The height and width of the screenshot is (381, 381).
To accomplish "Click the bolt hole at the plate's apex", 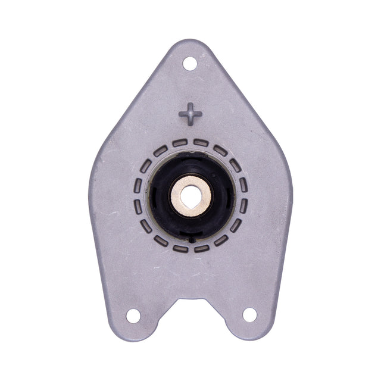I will click(190, 63).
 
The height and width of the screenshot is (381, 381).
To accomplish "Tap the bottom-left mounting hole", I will click(133, 315).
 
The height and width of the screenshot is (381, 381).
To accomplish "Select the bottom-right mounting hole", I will click(249, 314).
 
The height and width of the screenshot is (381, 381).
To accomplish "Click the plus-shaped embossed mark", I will click(190, 113).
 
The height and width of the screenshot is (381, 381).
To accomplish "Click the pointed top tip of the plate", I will click(190, 42).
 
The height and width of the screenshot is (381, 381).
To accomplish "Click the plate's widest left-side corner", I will click(92, 173).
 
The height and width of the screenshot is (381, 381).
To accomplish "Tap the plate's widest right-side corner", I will click(290, 173).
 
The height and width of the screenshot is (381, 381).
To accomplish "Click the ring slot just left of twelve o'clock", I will click(180, 143).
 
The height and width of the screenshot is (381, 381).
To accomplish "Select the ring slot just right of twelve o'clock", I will click(201, 143).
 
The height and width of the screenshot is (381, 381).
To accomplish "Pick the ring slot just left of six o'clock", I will click(180, 248).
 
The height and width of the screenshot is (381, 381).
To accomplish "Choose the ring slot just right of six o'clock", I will click(201, 248).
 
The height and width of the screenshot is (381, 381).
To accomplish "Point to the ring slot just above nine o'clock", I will click(138, 185).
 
